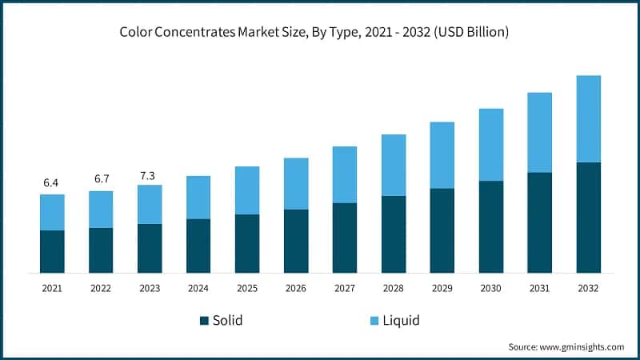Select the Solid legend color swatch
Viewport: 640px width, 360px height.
coord(204,321)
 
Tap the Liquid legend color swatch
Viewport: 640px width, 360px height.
coord(372,321)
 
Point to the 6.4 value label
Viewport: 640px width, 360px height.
coord(51,183)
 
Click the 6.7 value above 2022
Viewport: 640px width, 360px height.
coord(101,178)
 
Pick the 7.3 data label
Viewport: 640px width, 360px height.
coord(149,174)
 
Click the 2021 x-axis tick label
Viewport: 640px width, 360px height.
coord(51,287)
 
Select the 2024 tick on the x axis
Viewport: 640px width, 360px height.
coord(198,287)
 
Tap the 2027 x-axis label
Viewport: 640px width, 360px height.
coord(344,287)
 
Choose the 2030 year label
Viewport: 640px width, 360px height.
coord(490,287)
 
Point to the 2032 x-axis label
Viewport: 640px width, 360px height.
coord(588,287)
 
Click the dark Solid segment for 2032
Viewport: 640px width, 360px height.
coord(588,218)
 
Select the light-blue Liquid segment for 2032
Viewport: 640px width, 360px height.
coord(588,118)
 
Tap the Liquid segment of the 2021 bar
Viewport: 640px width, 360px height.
coord(52,212)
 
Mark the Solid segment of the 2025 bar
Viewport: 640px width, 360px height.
coord(246,243)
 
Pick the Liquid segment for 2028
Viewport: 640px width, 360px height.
coord(393,165)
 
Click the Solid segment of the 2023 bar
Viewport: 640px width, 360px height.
coord(149,248)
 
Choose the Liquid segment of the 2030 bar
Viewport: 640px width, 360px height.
coord(490,144)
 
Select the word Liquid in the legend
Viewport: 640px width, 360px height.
coord(401,321)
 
